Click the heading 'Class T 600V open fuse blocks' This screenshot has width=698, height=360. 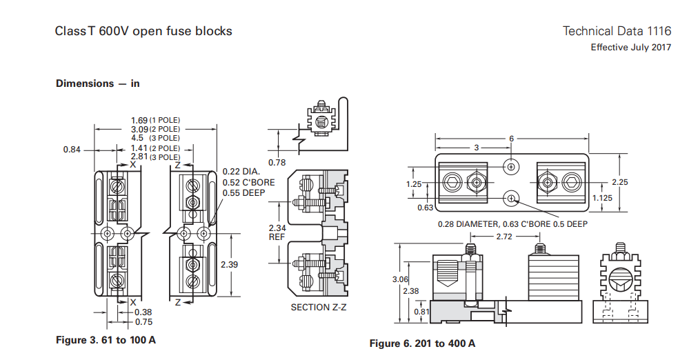143,31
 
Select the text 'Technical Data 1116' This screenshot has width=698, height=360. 617,31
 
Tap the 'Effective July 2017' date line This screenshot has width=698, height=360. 630,48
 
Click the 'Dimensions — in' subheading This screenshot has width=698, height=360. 97,83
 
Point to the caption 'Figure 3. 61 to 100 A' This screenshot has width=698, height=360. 105,340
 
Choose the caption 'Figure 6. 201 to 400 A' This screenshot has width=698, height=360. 422,343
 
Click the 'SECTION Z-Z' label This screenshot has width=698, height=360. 318,307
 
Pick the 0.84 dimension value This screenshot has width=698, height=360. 72,149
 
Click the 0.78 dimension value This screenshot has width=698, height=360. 277,163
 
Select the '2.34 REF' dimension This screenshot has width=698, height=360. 277,232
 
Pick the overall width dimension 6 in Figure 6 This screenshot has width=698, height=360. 511,139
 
